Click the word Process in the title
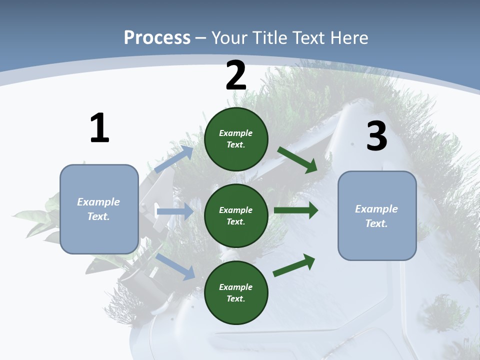pyautogui.click(x=157, y=37)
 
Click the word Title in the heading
pyautogui.click(x=270, y=37)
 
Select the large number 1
pyautogui.click(x=99, y=128)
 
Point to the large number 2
pyautogui.click(x=236, y=76)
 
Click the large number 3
pyautogui.click(x=376, y=136)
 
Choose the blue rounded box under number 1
pyautogui.click(x=99, y=209)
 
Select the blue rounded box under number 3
pyautogui.click(x=377, y=216)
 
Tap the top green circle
pyautogui.click(x=236, y=139)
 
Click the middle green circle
pyautogui.click(x=236, y=215)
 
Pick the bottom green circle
pyautogui.click(x=236, y=292)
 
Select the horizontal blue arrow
pyautogui.click(x=174, y=211)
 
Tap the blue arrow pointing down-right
pyautogui.click(x=175, y=266)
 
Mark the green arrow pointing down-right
pyautogui.click(x=297, y=160)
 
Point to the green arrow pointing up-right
pyautogui.click(x=294, y=265)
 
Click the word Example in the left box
pyautogui.click(x=98, y=202)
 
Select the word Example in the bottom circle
pyautogui.click(x=235, y=287)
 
